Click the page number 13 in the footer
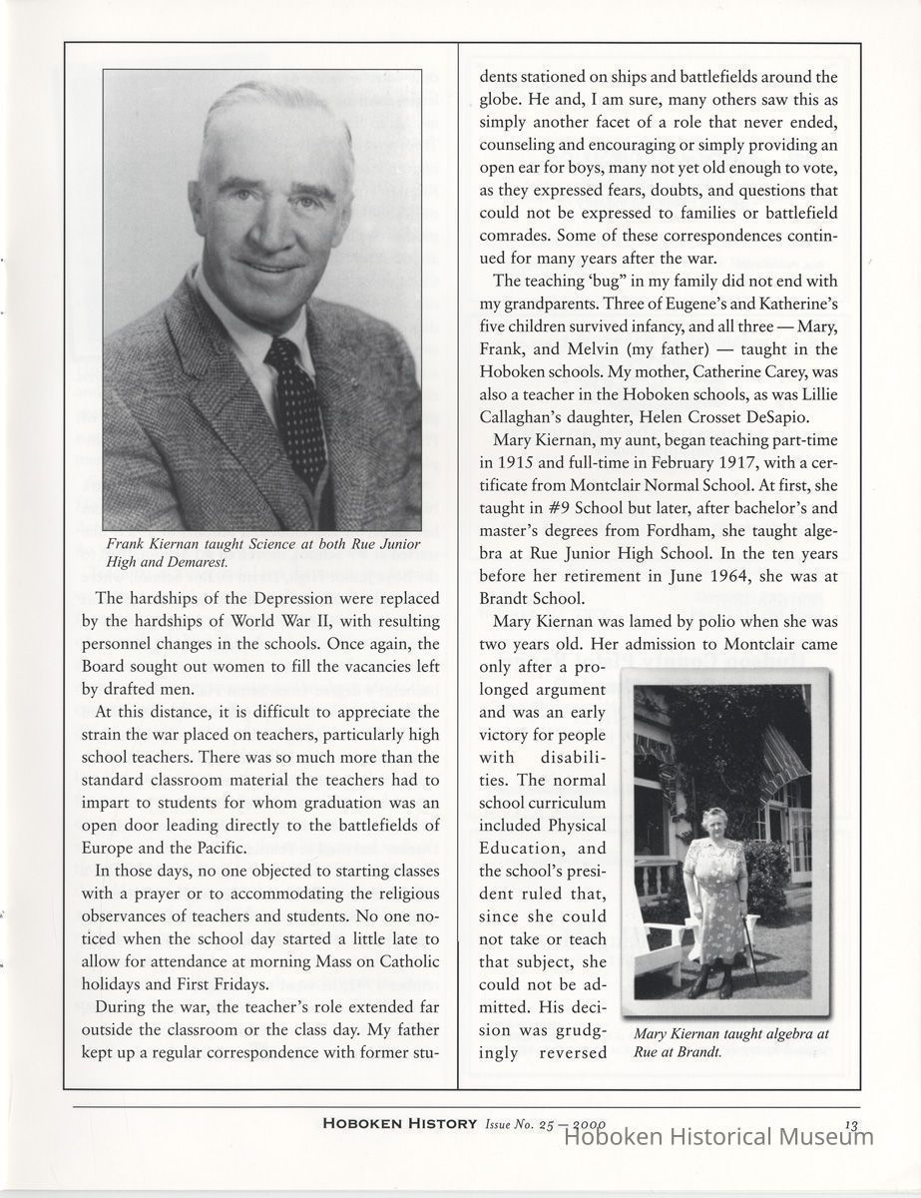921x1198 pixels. click(850, 1124)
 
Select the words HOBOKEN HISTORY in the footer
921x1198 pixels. click(399, 1124)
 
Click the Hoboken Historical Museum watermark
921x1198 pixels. click(713, 1136)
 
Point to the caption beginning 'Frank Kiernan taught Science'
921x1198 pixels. click(263, 552)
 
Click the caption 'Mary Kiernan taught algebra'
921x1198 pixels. click(730, 1043)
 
